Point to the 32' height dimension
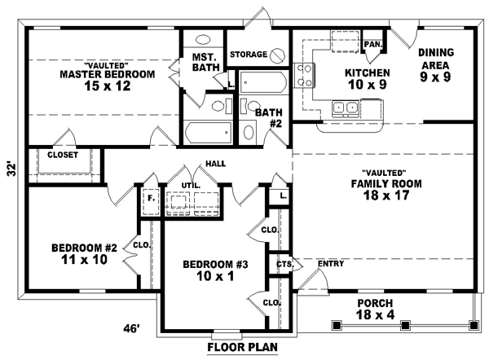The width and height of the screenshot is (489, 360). [11, 170]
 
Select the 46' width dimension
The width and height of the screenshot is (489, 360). [131, 328]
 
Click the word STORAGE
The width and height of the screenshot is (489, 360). [249, 55]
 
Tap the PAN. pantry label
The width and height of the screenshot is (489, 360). [373, 44]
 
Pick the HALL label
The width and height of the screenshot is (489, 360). [216, 164]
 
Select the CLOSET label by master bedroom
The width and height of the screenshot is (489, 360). [63, 155]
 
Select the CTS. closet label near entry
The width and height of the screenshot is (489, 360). [284, 264]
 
